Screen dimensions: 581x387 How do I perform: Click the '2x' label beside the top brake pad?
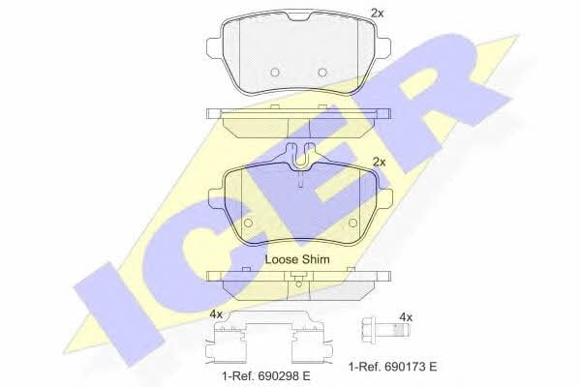click(378, 14)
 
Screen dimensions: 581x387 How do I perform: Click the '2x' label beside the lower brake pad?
click(379, 163)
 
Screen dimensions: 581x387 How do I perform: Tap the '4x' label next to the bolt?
click(406, 317)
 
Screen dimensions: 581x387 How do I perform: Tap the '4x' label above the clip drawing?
click(216, 315)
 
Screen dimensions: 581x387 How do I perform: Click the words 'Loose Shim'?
click(297, 259)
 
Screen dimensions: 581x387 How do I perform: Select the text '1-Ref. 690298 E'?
click(265, 376)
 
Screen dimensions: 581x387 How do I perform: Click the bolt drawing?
click(384, 328)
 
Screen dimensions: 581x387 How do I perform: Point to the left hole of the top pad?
click(275, 73)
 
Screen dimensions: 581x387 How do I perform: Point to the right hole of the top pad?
click(322, 73)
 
